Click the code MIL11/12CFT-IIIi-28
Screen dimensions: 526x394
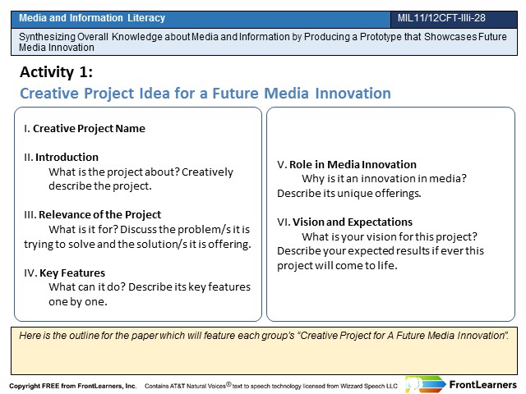(x=441, y=18)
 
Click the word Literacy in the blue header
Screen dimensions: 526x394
(x=146, y=18)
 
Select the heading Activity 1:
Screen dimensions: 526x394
(x=57, y=72)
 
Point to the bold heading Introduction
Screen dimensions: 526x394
(x=67, y=157)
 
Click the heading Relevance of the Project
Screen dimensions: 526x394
(x=100, y=215)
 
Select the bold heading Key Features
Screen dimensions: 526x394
(x=72, y=273)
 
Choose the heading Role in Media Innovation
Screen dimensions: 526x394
(x=353, y=164)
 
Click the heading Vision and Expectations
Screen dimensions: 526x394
(x=353, y=222)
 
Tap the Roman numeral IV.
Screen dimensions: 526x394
(x=30, y=273)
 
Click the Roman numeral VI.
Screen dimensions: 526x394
(x=284, y=222)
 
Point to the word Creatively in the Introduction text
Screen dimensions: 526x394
(x=207, y=172)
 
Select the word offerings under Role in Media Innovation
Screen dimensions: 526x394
(x=398, y=194)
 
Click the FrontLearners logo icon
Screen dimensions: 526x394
(x=425, y=384)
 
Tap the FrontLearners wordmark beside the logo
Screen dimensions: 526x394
(x=482, y=385)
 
